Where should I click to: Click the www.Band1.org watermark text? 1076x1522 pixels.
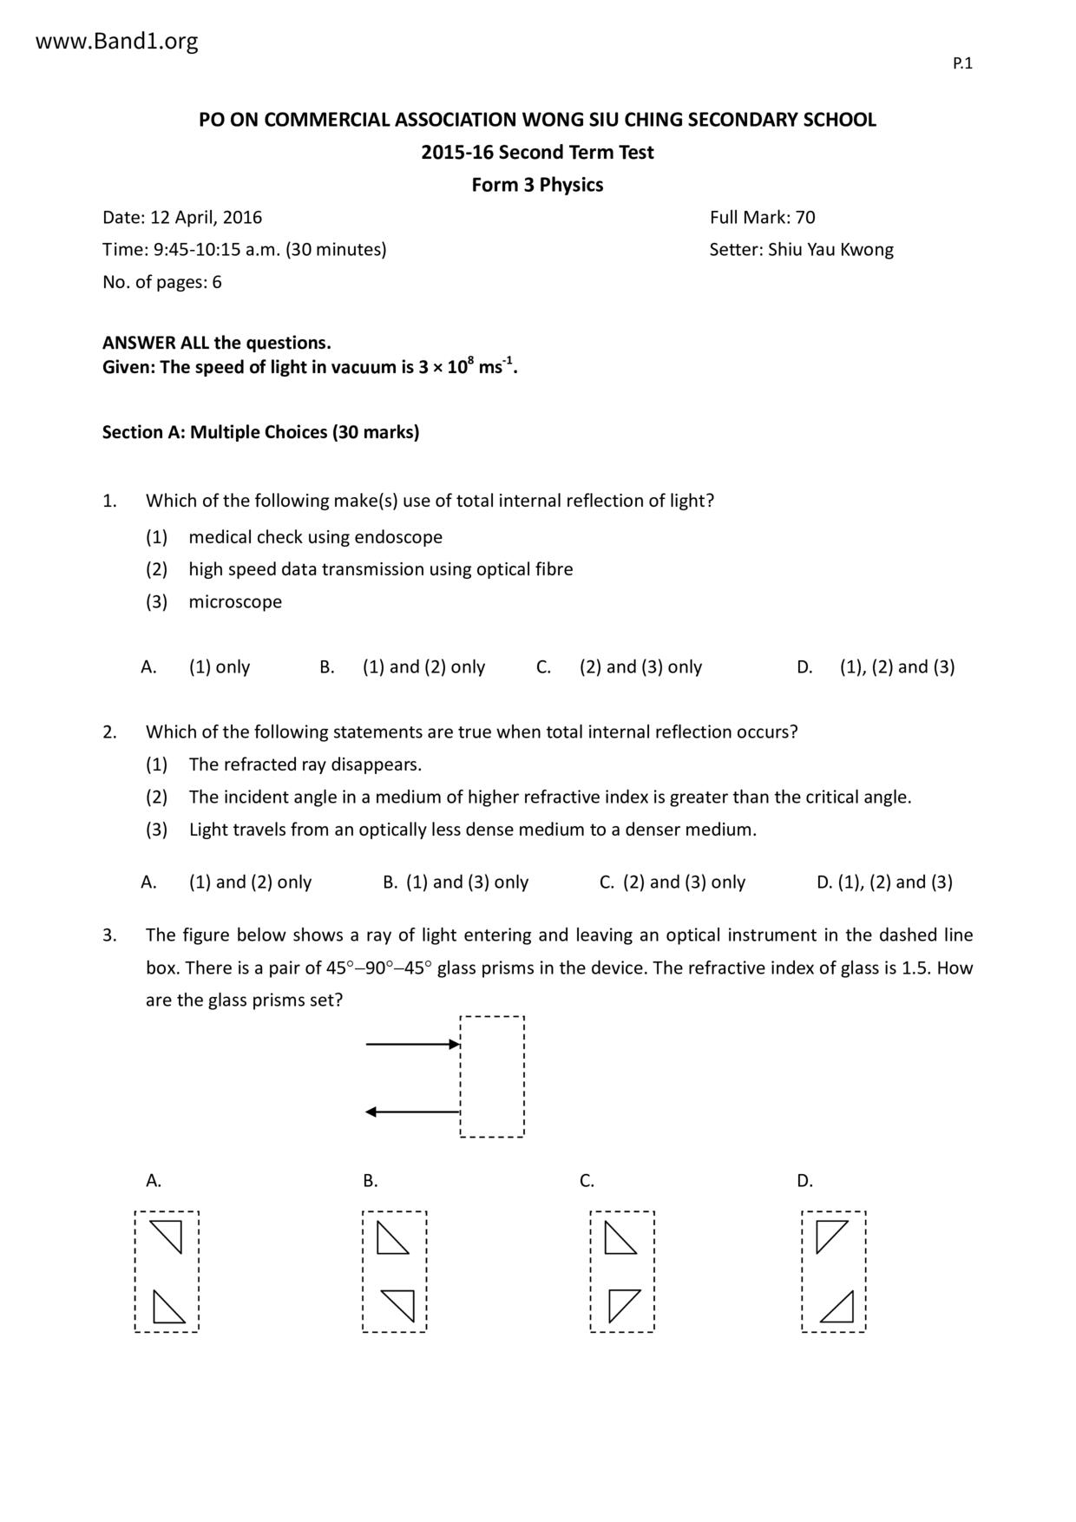[x=116, y=41]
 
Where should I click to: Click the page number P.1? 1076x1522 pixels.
[x=962, y=63]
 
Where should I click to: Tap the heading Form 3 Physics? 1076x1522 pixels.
[x=537, y=185]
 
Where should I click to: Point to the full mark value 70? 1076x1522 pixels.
[x=804, y=217]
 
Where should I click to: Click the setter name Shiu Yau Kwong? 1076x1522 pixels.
[x=830, y=250]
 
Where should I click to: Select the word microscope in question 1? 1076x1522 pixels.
[x=235, y=602]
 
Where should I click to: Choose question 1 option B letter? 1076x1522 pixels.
[x=326, y=667]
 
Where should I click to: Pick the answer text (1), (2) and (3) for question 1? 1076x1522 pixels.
[x=896, y=667]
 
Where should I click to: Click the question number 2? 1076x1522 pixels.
[x=109, y=732]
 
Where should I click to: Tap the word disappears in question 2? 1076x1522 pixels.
[x=376, y=764]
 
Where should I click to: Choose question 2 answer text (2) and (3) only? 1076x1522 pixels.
[x=684, y=882]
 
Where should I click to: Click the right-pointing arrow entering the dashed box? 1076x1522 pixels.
[x=412, y=1044]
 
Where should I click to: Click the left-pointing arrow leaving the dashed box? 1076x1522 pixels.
[x=412, y=1112]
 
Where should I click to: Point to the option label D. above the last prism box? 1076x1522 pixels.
[x=804, y=1181]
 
